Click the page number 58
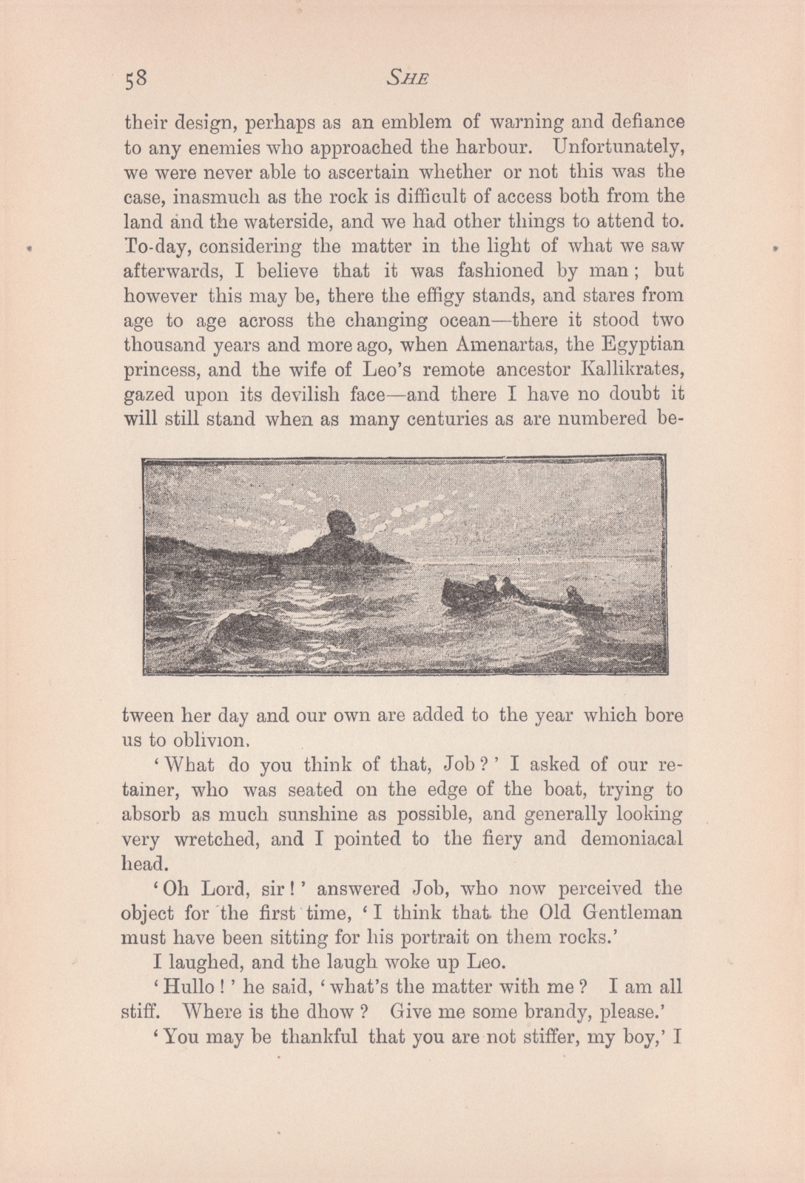137,78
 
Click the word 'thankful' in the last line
320,1036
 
